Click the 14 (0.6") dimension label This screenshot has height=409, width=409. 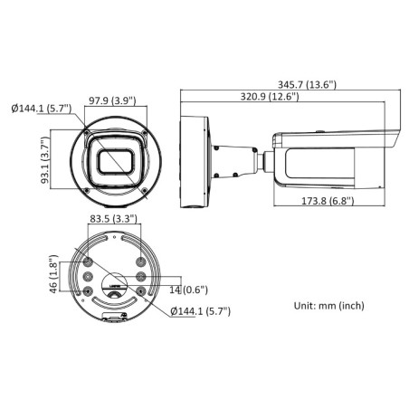click(x=187, y=290)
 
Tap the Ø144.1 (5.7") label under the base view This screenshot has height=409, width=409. click(x=201, y=310)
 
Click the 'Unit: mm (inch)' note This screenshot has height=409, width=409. click(x=330, y=306)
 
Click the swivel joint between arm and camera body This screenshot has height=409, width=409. click(x=265, y=157)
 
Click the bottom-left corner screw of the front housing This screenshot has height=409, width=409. click(x=86, y=191)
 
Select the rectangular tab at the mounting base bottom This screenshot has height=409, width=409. click(x=114, y=318)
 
